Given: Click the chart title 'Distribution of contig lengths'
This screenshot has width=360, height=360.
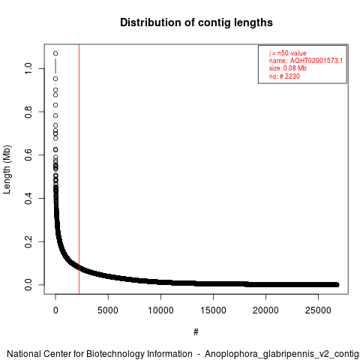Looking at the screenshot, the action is tap(196, 22).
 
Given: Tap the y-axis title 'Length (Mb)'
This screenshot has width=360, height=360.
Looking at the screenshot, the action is tap(7, 169).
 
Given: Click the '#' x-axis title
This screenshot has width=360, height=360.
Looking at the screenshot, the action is tap(196, 332).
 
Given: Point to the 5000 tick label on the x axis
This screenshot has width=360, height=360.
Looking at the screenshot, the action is tap(108, 310).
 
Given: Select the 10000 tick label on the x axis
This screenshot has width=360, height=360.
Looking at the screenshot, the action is tap(160, 310).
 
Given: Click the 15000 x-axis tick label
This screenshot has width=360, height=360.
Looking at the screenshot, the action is tap(213, 310).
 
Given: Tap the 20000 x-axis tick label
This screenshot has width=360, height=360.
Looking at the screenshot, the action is tap(265, 310).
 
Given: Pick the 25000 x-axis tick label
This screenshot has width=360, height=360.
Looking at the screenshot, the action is tap(318, 310).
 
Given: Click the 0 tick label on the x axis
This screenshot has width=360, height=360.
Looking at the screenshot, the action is tap(55, 310).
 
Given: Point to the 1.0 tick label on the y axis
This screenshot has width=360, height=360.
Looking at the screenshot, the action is tap(28, 68).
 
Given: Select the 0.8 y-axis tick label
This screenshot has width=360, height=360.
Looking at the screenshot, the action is tap(28, 112).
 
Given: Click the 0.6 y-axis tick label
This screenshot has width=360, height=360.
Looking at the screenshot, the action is tap(28, 155).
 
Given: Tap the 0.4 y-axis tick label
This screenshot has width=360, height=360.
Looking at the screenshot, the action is tap(28, 198).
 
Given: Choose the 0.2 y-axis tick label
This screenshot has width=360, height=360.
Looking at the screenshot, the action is tap(28, 241).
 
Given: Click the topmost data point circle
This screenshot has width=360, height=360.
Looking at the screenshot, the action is tap(55, 53).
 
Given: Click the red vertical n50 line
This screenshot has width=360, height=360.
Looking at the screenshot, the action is tap(79, 169).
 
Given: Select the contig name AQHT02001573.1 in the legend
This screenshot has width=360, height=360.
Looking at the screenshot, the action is tap(316, 61).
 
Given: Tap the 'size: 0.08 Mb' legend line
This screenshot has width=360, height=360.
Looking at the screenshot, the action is tap(288, 68).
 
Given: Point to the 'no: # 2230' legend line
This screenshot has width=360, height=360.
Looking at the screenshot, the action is tap(284, 76).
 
